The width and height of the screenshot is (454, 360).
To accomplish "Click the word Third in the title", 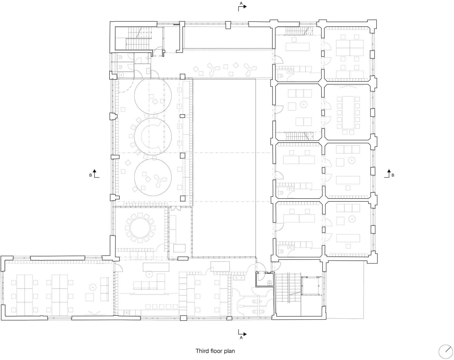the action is click(x=202, y=351).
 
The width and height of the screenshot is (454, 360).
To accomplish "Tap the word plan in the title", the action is click(x=229, y=351).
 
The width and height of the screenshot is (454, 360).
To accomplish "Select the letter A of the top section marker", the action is click(x=241, y=3).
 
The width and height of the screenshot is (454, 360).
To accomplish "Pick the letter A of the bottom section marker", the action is click(x=241, y=338).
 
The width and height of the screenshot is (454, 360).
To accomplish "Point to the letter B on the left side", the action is click(x=91, y=175).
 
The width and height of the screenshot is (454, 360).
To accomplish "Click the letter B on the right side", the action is click(x=393, y=175).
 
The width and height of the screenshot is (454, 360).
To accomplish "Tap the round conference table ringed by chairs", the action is click(x=140, y=228).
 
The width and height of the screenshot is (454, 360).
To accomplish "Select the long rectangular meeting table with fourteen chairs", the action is click(x=348, y=113).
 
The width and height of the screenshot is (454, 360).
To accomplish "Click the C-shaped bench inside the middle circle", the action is click(x=150, y=136).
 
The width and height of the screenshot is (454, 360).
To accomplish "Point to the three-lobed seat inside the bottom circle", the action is click(x=160, y=180).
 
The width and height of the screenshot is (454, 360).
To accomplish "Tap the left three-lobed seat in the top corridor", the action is click(x=213, y=70).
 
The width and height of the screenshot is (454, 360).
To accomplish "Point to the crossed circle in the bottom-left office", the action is click(x=93, y=287).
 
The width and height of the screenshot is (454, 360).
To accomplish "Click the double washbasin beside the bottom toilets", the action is click(x=239, y=278).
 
